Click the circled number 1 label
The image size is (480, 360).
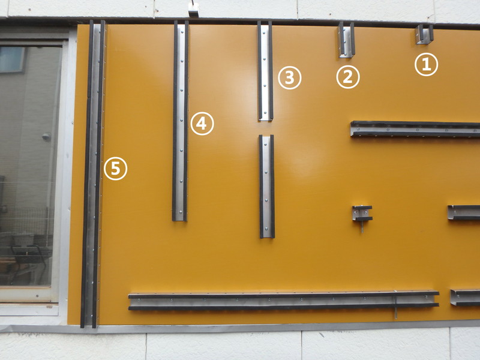click(x=426, y=65)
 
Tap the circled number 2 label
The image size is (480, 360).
click(x=348, y=77)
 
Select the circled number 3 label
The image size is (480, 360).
click(x=290, y=78)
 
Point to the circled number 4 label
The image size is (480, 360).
click(x=202, y=124)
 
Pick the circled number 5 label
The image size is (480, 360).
click(x=115, y=169)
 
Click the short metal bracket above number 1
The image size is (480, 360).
click(x=424, y=34)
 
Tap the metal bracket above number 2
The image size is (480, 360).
click(x=347, y=40)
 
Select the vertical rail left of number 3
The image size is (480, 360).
click(x=265, y=71)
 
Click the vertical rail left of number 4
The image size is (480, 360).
click(x=180, y=121)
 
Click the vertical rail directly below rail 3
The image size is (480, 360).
click(x=266, y=187)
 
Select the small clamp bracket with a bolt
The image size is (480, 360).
click(x=362, y=214)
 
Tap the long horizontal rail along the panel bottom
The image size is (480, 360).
click(x=283, y=301)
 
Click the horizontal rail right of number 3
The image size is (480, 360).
click(x=415, y=129)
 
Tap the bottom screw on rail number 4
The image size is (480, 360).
click(x=181, y=212)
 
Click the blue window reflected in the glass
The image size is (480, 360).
click(x=12, y=59)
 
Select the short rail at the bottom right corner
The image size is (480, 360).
click(x=465, y=298)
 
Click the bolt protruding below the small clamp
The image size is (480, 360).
click(x=362, y=227)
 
